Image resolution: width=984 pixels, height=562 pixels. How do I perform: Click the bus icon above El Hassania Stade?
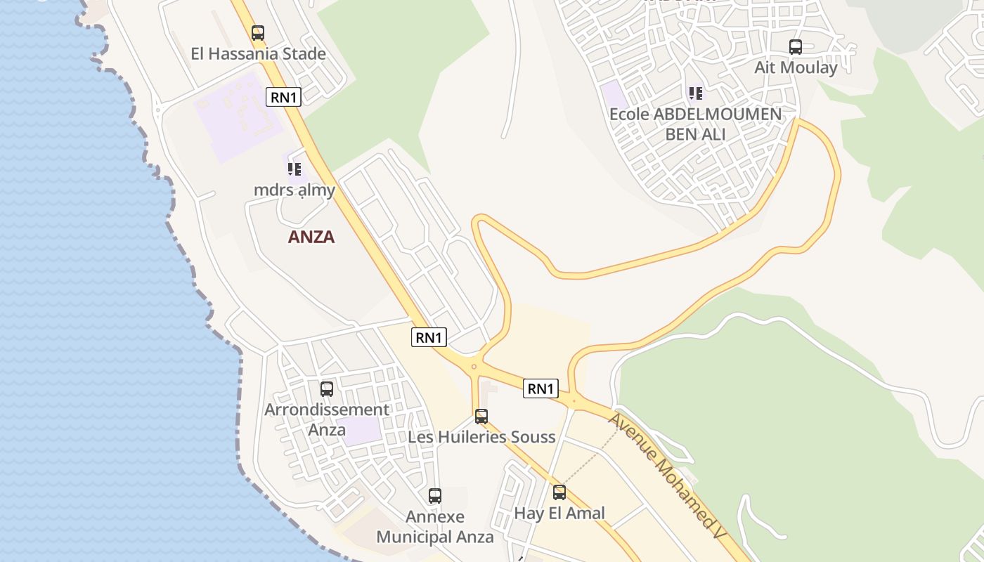258,32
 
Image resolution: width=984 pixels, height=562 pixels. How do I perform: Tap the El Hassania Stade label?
259,53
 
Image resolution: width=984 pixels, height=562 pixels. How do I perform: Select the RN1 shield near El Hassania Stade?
283,97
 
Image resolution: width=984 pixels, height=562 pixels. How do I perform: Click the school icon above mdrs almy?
294,169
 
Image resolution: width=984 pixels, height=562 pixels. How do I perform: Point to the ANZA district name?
311,237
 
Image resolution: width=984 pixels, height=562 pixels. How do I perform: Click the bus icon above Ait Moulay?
796,47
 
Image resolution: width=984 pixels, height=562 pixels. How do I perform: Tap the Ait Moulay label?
796,67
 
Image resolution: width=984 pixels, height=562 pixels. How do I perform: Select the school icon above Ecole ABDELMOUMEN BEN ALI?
696,93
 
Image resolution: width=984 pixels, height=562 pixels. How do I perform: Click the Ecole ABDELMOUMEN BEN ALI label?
695,124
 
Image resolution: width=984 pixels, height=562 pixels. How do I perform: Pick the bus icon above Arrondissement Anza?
327,388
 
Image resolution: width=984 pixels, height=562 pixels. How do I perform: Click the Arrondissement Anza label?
327,419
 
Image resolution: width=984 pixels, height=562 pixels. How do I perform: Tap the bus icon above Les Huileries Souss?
481,416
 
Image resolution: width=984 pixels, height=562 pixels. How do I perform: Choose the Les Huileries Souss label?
482,437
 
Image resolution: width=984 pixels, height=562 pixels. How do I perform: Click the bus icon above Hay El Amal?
559,492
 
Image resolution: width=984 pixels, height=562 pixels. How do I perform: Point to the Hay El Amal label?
559,513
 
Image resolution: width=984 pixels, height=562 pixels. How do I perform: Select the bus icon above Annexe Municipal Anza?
435,496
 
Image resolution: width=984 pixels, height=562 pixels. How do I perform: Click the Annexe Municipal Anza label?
435,527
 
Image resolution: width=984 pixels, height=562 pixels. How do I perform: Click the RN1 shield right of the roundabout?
540,388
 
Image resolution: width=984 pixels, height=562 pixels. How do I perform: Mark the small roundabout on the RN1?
474,366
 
